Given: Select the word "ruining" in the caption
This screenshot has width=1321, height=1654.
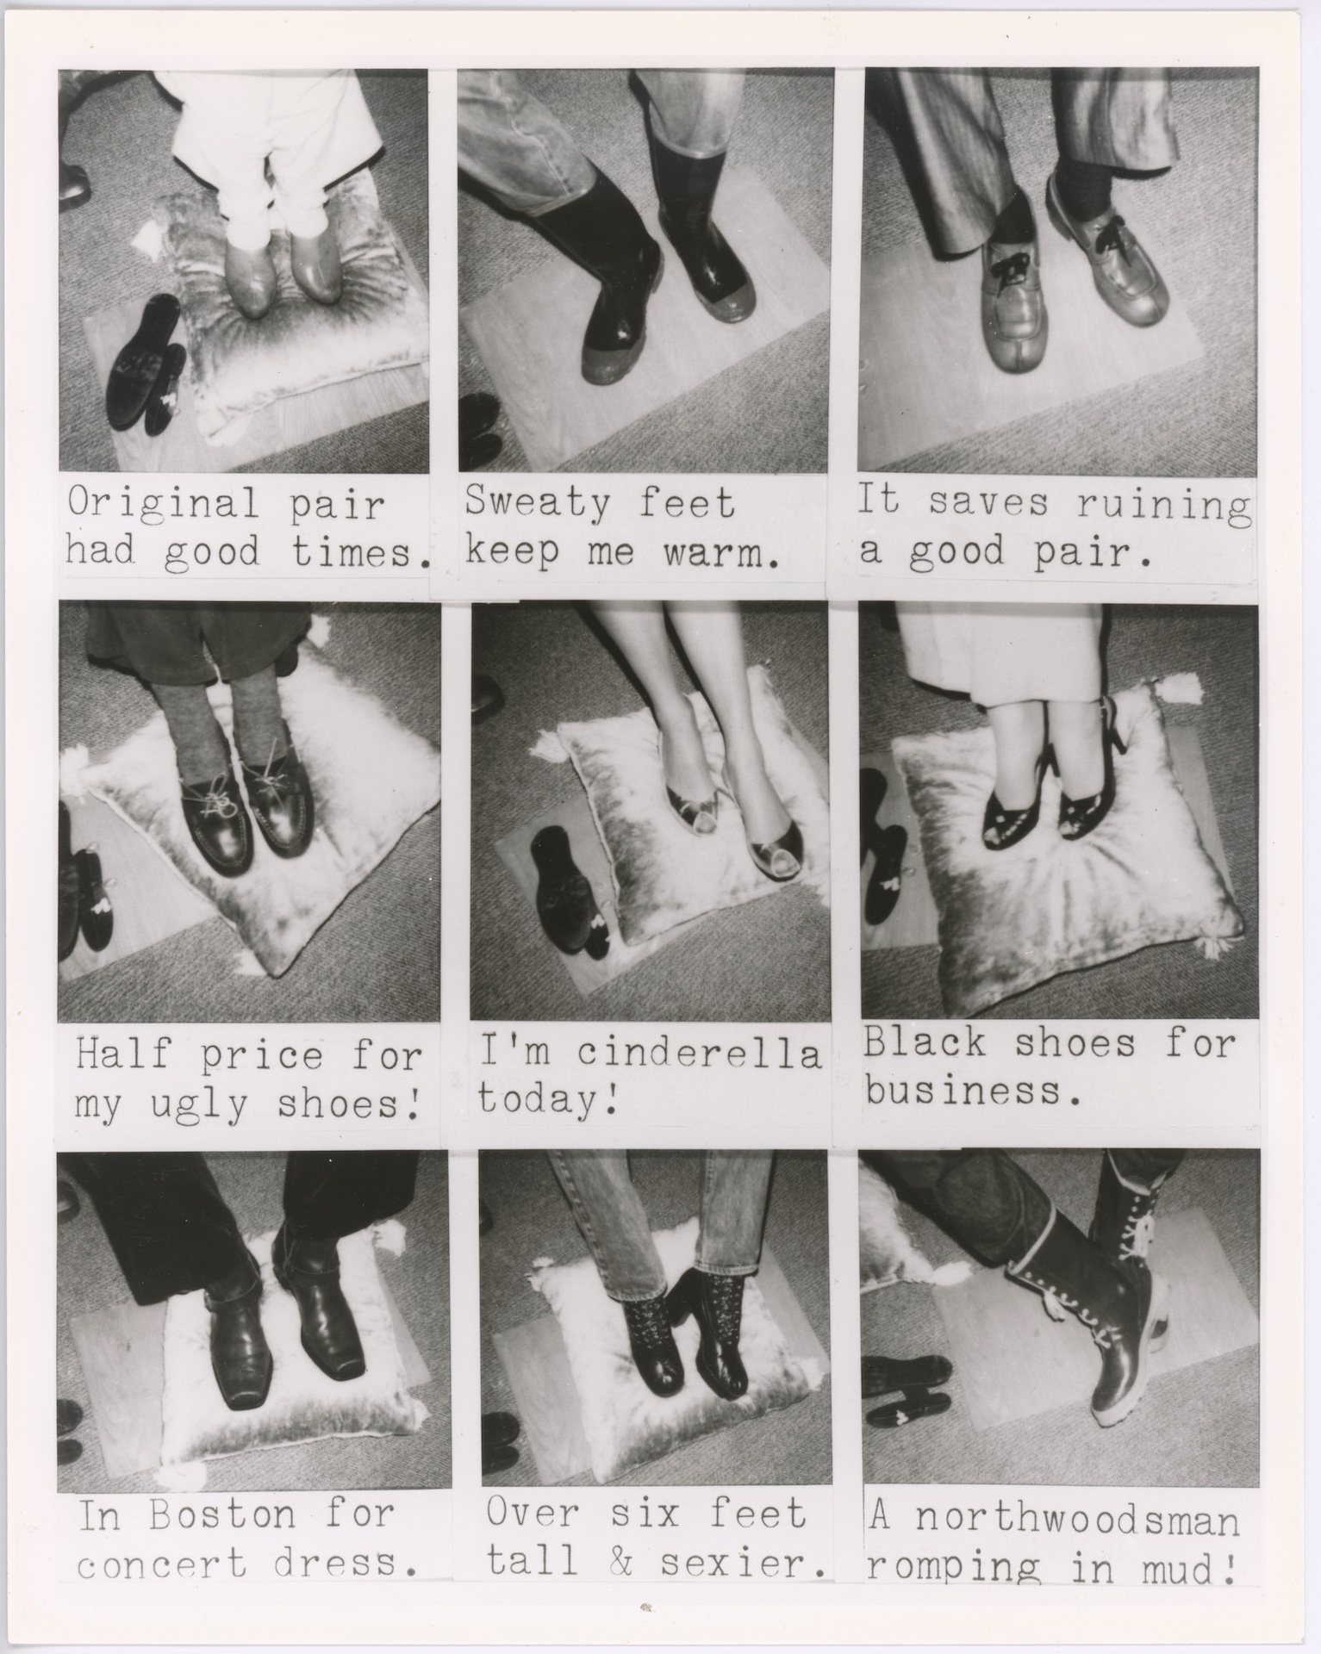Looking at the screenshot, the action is coord(1163,505).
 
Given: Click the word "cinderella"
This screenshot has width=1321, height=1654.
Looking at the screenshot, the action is coord(698,1053).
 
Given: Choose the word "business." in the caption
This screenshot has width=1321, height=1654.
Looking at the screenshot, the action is coord(974,1091).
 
